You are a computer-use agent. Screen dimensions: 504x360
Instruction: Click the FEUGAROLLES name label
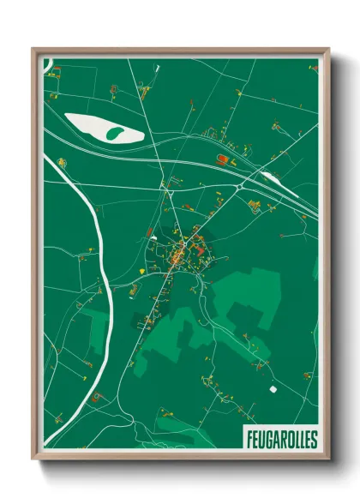(281, 440)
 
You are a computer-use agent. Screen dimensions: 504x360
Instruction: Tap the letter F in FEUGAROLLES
(249, 440)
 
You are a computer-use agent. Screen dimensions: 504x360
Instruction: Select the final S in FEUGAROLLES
(314, 440)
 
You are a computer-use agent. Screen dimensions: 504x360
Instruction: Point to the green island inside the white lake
(114, 133)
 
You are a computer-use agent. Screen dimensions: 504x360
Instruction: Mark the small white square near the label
(273, 389)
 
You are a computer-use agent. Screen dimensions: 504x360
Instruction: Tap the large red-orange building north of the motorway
(225, 159)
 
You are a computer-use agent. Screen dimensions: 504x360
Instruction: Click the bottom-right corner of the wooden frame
(328, 459)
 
